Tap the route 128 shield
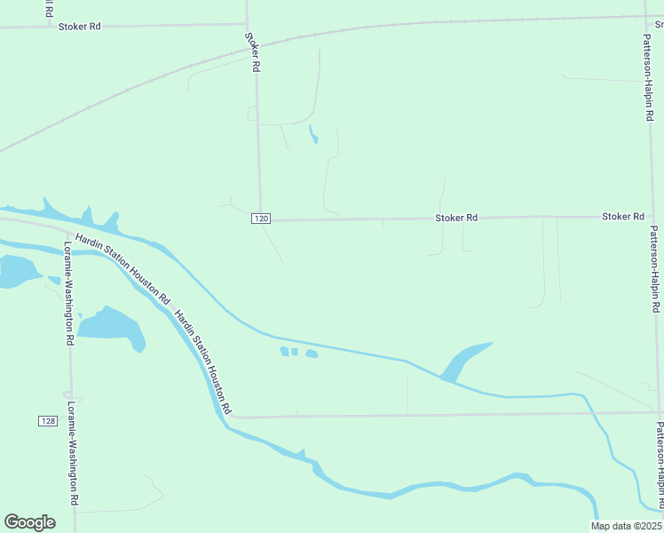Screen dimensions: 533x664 pyautogui.click(x=47, y=420)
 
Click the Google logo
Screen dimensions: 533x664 pyautogui.click(x=29, y=521)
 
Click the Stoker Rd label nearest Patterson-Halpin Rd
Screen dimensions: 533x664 pyautogui.click(x=622, y=217)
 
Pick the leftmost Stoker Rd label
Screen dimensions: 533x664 pyautogui.click(x=79, y=27)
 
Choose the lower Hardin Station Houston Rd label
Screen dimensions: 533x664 pyautogui.click(x=203, y=362)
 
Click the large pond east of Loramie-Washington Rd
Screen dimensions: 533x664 pyautogui.click(x=113, y=326)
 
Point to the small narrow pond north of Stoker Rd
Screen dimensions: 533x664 pyautogui.click(x=312, y=134)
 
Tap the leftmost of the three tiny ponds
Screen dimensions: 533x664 pyautogui.click(x=284, y=351)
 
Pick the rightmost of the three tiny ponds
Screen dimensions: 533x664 pyautogui.click(x=312, y=354)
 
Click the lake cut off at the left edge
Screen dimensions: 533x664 pyautogui.click(x=16, y=270)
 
